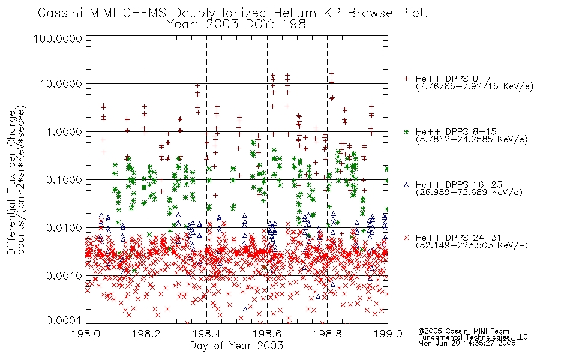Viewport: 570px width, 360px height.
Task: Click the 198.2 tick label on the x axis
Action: click(x=146, y=334)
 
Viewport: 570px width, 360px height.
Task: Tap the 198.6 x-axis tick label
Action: click(x=267, y=334)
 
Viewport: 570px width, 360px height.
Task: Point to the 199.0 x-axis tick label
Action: click(x=388, y=334)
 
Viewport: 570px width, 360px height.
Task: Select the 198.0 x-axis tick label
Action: click(x=86, y=334)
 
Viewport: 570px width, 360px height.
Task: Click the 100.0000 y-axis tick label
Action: click(x=58, y=38)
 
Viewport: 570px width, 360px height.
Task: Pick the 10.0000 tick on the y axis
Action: click(x=61, y=84)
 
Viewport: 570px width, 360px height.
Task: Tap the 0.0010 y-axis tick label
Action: click(x=64, y=276)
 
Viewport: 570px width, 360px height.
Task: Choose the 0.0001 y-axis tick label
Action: click(x=64, y=320)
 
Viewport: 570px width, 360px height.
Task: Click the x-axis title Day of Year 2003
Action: click(x=236, y=346)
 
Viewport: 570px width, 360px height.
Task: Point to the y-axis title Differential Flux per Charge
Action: click(x=12, y=182)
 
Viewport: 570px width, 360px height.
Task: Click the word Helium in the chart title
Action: click(x=295, y=13)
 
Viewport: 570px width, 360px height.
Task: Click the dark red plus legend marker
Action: click(x=406, y=79)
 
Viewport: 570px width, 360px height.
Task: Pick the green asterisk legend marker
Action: click(x=406, y=131)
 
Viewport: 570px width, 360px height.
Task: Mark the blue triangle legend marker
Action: click(x=406, y=185)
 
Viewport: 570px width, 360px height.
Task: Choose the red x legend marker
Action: click(x=406, y=238)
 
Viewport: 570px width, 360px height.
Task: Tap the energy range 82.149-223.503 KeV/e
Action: click(x=472, y=245)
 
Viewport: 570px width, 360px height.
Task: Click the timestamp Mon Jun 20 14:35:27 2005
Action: click(x=467, y=343)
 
